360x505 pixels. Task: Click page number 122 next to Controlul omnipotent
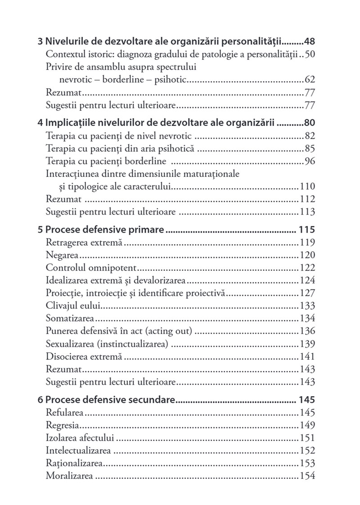[307, 268]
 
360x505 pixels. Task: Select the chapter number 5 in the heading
[40, 230]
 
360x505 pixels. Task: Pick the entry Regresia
[63, 425]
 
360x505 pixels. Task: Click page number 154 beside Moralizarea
[307, 476]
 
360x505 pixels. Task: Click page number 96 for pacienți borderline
[310, 161]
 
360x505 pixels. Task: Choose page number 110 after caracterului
[307, 186]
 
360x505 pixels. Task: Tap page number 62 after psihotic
[310, 80]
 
